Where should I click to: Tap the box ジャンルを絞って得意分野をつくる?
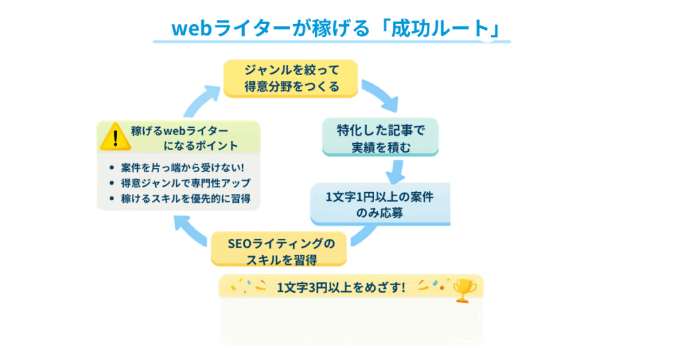pyautogui.click(x=291, y=78)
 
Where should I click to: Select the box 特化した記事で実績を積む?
pyautogui.click(x=380, y=137)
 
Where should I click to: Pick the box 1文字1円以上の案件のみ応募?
pyautogui.click(x=380, y=204)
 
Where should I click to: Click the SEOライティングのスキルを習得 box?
pyautogui.click(x=280, y=249)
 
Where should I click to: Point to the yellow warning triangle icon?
pyautogui.click(x=115, y=137)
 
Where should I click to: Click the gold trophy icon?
pyautogui.click(x=464, y=289)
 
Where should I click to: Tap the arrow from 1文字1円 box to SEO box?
pyautogui.click(x=365, y=236)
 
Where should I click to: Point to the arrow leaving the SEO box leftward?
pyautogui.click(x=191, y=232)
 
